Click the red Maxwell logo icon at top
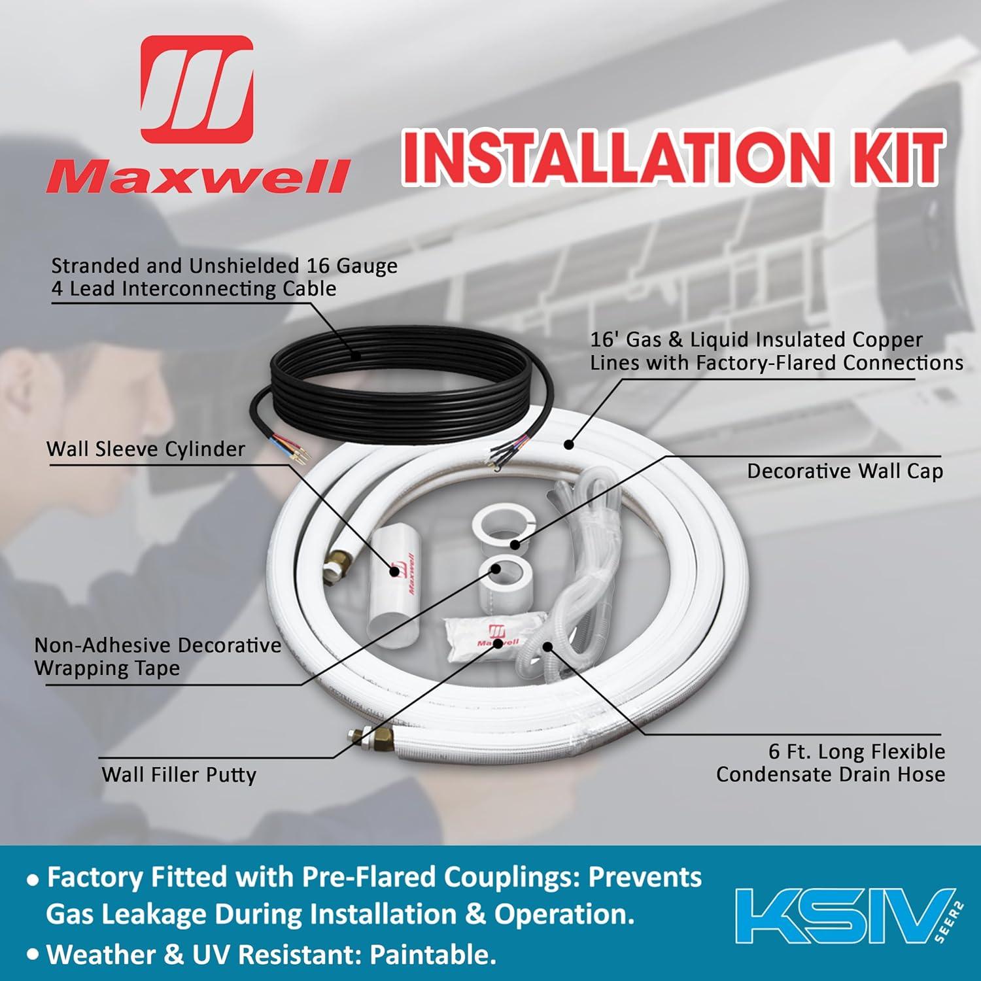[197, 88]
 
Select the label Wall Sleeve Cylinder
[146, 449]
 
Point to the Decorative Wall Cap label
[845, 472]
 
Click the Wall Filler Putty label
[179, 775]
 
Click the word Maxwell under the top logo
[197, 177]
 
